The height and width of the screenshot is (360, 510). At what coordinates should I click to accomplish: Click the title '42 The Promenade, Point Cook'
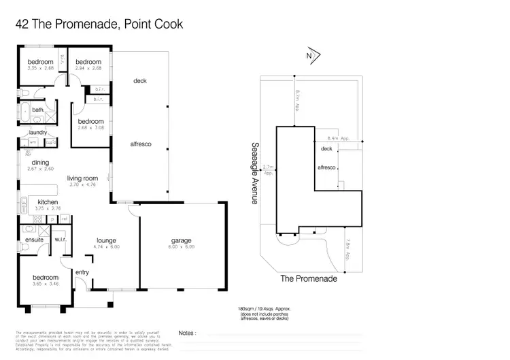99,24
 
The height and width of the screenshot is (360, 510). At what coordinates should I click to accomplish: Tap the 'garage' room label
182,240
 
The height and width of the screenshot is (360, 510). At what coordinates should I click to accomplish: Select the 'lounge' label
106,240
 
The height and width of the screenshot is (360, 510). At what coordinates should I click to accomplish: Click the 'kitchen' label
48,202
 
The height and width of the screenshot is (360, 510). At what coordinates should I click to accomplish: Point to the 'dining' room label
40,162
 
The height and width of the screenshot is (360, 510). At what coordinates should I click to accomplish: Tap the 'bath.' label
37,109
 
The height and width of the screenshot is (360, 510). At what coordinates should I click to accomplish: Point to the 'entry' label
82,272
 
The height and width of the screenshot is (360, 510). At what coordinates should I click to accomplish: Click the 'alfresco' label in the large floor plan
140,144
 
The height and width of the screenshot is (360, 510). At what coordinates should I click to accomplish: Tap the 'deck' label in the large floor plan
140,81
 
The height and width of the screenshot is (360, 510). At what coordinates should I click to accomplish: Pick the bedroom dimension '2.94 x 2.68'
88,68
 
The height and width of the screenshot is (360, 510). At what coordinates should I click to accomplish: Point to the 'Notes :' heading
187,333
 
